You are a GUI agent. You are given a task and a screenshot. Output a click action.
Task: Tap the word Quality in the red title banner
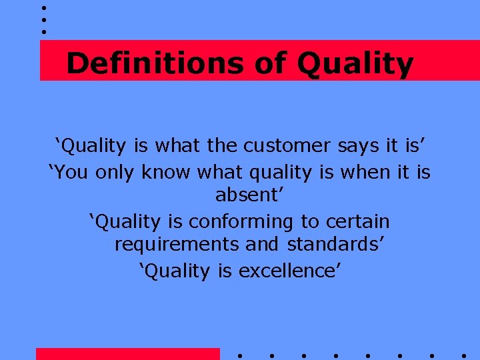click(355, 65)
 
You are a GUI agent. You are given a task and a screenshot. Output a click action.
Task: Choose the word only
click(117, 172)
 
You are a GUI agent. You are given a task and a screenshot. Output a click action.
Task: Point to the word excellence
click(290, 271)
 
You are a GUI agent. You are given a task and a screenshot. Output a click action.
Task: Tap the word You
click(70, 172)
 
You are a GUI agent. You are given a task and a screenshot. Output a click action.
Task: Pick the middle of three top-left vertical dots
click(43, 19)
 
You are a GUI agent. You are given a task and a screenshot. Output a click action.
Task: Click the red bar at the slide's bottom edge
click(127, 354)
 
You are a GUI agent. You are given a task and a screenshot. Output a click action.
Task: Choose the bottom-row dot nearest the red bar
click(239, 355)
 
